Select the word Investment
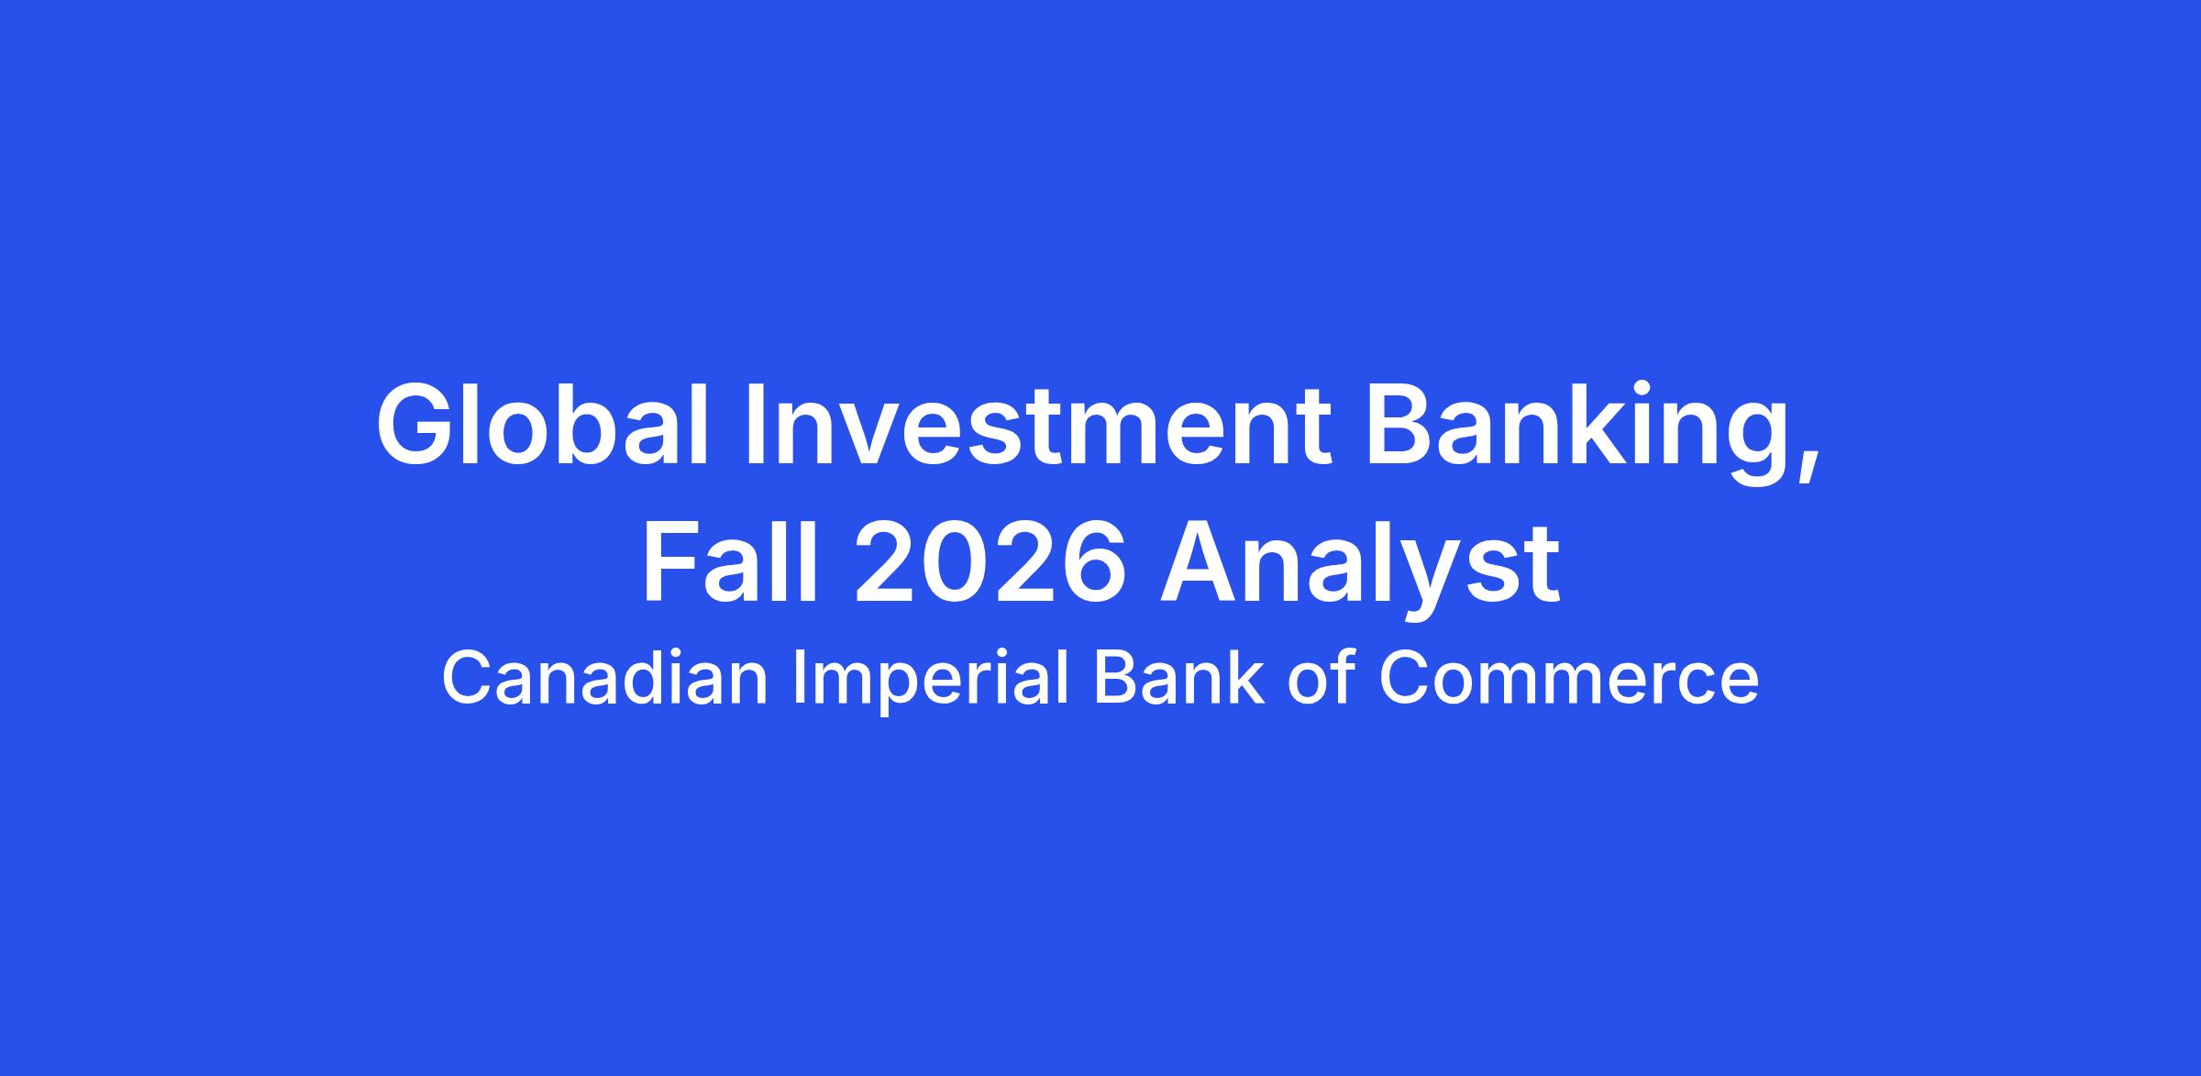coord(1038,425)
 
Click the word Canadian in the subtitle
coord(604,678)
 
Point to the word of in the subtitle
coord(1321,678)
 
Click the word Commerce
coord(1568,678)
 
